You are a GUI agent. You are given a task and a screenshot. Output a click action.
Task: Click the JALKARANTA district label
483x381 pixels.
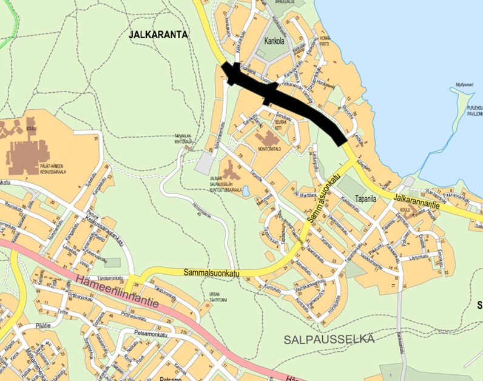click(158, 35)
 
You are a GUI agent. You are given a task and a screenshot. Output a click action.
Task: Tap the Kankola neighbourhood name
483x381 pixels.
click(275, 41)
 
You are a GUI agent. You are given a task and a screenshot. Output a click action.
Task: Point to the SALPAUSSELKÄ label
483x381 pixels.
click(329, 339)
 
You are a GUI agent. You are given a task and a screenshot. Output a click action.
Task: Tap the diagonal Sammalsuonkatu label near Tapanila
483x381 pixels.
click(321, 198)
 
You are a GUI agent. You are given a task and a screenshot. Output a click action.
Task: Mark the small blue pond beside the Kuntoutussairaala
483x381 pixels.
click(245, 192)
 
